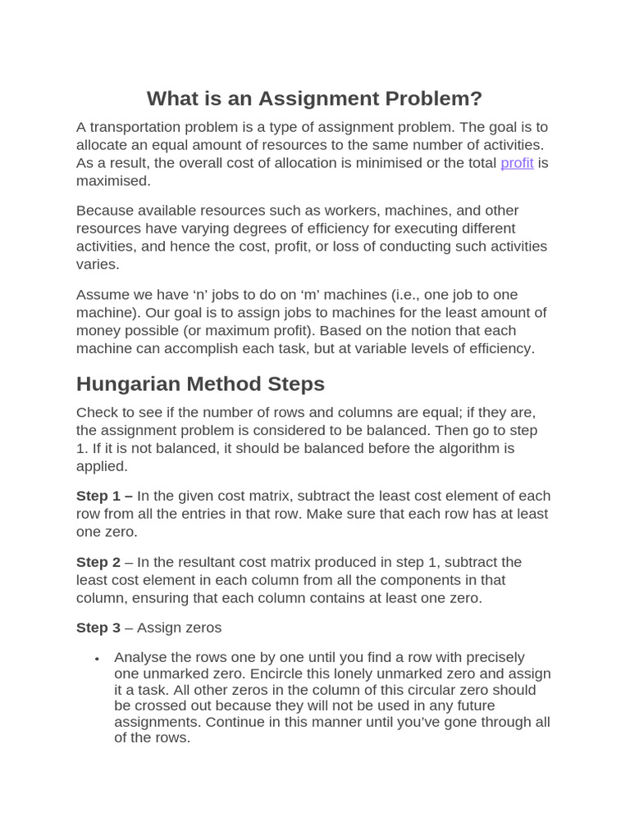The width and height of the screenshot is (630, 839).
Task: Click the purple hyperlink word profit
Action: [517, 163]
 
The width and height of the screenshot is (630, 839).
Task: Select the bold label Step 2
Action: [98, 562]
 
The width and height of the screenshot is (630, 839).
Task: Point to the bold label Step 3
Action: [98, 628]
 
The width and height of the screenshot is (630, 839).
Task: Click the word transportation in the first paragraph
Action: [131, 127]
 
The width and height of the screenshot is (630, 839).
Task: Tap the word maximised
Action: [113, 181]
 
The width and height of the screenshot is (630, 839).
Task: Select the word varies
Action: [98, 265]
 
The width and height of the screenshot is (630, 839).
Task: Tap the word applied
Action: [102, 467]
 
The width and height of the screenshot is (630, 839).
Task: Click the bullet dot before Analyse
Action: [98, 659]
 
